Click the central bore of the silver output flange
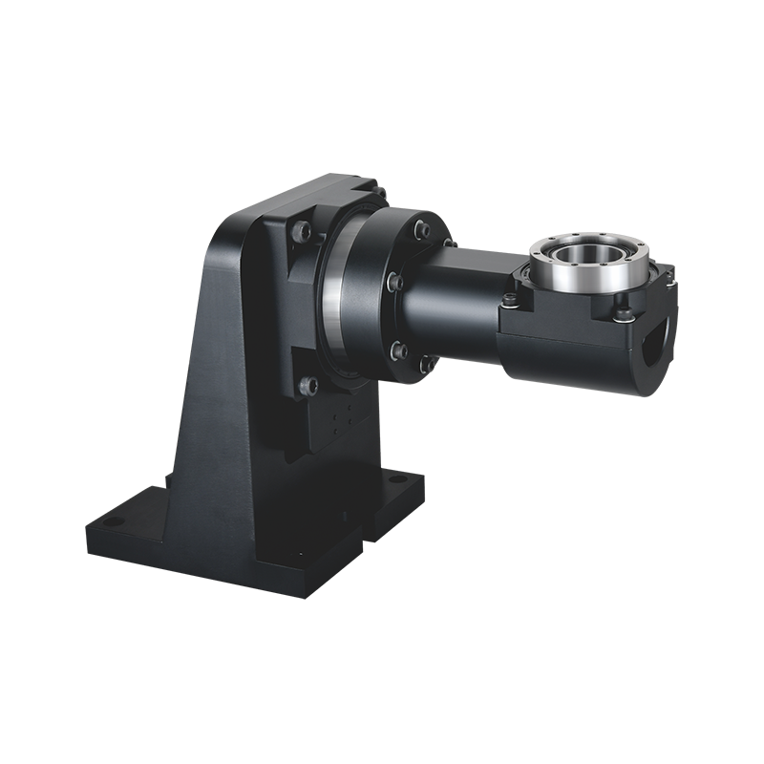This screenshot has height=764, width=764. click(585, 256)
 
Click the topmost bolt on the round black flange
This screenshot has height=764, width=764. click(418, 228)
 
